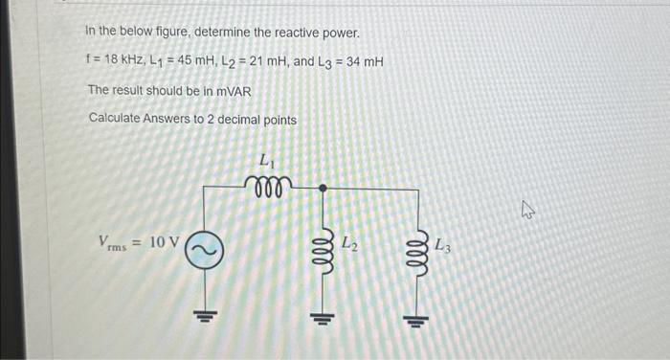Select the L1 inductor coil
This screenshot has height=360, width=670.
click(265, 184)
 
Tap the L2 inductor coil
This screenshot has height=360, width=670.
click(323, 251)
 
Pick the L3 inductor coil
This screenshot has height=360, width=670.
click(417, 251)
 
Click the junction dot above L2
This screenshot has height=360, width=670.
click(323, 189)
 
